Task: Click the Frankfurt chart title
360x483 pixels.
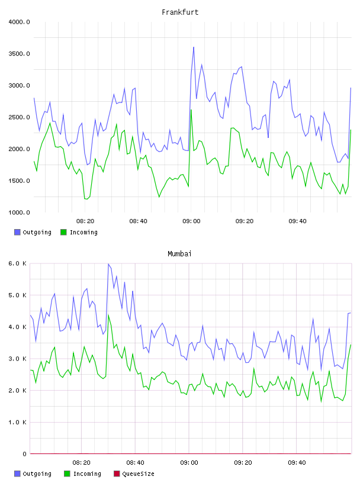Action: pyautogui.click(x=180, y=12)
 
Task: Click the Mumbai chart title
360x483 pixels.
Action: pyautogui.click(x=179, y=254)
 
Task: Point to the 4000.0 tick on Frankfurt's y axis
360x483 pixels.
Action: pyautogui.click(x=20, y=22)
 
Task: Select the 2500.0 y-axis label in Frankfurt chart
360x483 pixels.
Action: pyautogui.click(x=20, y=117)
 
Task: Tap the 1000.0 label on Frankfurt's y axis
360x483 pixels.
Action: pyautogui.click(x=20, y=212)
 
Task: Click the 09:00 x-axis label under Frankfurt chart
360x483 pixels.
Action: pyautogui.click(x=191, y=221)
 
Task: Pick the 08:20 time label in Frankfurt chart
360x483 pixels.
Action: pyautogui.click(x=85, y=221)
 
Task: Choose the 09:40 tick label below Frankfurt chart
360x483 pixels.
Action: pyautogui.click(x=297, y=221)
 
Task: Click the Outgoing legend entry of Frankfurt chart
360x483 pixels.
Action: pyautogui.click(x=33, y=232)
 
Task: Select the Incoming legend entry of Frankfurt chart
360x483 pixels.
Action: pyautogui.click(x=79, y=232)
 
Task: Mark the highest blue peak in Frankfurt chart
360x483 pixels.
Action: pyautogui.click(x=194, y=47)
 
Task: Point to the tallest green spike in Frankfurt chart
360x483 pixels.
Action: pyautogui.click(x=191, y=110)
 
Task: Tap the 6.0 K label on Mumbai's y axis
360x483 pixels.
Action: pyautogui.click(x=18, y=263)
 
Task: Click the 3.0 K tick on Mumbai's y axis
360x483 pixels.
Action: pyautogui.click(x=18, y=359)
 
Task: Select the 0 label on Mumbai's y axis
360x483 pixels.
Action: pyautogui.click(x=24, y=454)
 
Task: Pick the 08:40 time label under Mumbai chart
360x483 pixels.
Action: pyautogui.click(x=136, y=462)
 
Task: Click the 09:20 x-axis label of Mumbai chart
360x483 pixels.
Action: pyautogui.click(x=243, y=462)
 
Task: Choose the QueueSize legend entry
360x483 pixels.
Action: pyautogui.click(x=134, y=474)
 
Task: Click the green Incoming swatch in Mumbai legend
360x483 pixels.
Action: pyautogui.click(x=67, y=474)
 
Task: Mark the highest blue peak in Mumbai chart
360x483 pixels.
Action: pyautogui.click(x=108, y=264)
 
